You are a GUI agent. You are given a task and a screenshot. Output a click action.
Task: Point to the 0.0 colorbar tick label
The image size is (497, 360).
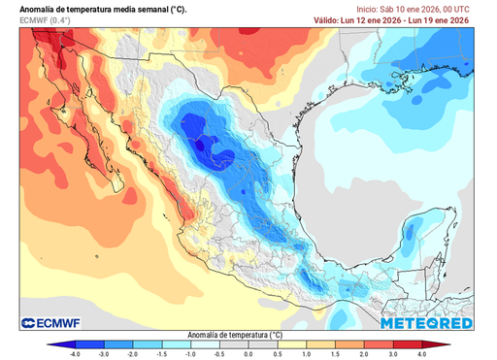tap(248, 355)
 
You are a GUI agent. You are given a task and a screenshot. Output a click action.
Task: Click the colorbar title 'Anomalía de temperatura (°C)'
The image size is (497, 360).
tap(248, 333)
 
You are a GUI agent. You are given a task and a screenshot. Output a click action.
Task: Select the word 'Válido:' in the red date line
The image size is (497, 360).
tap(329, 19)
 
